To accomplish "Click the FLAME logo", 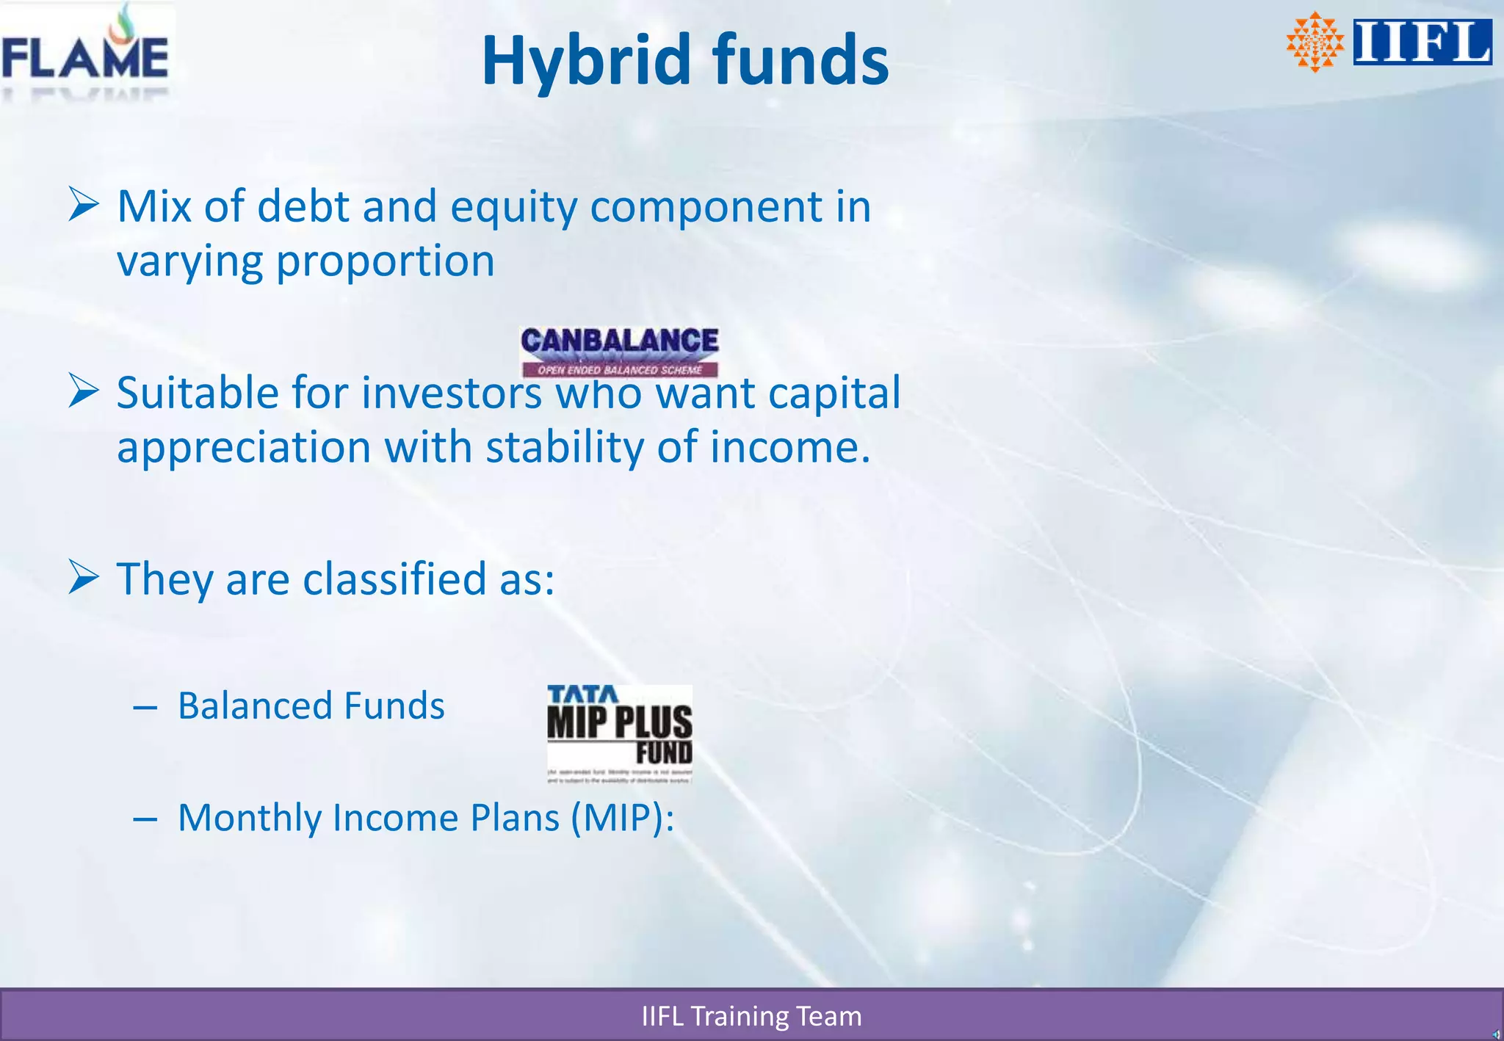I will [85, 55].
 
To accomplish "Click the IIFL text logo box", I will [1422, 42].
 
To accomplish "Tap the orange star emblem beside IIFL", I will [1315, 42].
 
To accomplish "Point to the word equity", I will [513, 208].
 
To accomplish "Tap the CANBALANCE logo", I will [619, 351].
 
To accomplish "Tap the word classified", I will [394, 579].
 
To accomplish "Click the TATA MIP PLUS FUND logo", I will [619, 733].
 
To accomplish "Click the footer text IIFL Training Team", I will [751, 1016].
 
